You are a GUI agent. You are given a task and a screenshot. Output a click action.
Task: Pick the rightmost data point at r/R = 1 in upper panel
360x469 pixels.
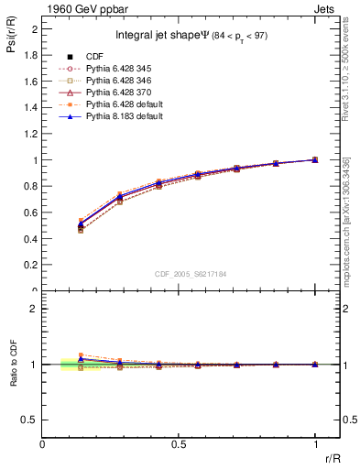(314, 159)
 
